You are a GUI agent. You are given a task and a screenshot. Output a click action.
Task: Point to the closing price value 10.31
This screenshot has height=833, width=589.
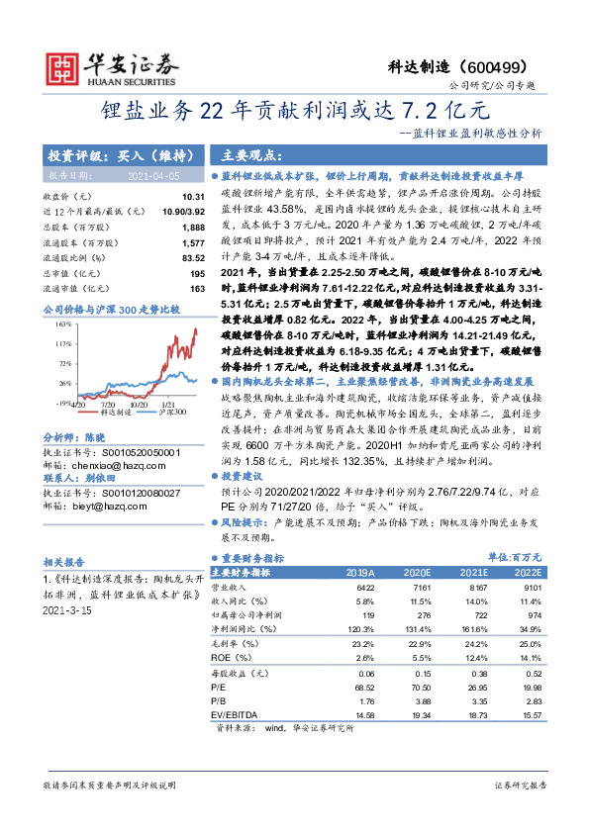[193, 198]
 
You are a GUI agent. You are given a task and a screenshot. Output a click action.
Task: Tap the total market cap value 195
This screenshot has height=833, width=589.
[197, 272]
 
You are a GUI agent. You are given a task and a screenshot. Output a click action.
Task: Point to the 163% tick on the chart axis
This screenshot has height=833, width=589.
[64, 324]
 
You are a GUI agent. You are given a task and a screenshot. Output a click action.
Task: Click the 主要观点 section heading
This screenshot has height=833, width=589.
[247, 155]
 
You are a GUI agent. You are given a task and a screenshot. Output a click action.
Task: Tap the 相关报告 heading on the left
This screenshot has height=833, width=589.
[64, 559]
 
